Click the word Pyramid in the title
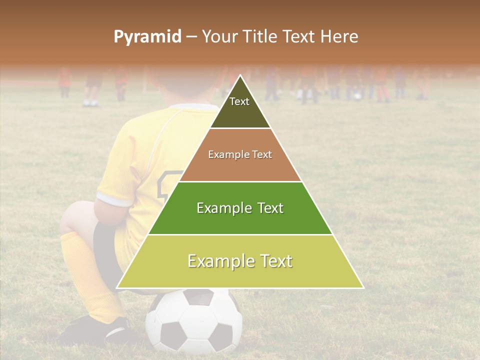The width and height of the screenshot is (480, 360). click(147, 37)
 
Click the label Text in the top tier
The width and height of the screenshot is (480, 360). click(239, 101)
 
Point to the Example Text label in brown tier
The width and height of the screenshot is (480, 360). click(240, 154)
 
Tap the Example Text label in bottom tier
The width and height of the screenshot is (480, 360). click(240, 261)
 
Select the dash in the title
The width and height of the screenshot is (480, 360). click(191, 37)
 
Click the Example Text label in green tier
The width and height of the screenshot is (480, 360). click(240, 208)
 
